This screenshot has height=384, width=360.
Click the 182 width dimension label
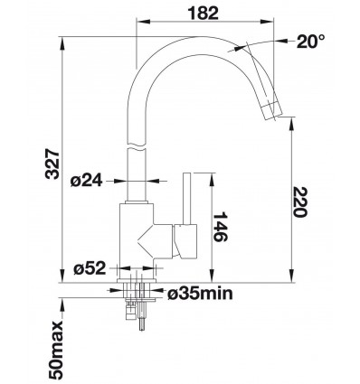click(x=203, y=14)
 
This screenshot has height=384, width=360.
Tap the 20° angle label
click(x=310, y=42)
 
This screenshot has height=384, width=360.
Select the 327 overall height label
click(x=52, y=164)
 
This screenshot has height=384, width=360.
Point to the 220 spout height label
click(x=300, y=201)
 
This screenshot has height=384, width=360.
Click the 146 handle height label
click(x=220, y=227)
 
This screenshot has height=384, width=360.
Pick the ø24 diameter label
click(x=87, y=181)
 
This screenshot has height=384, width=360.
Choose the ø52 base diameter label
click(x=90, y=267)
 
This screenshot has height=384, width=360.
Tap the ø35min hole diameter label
click(x=200, y=293)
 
